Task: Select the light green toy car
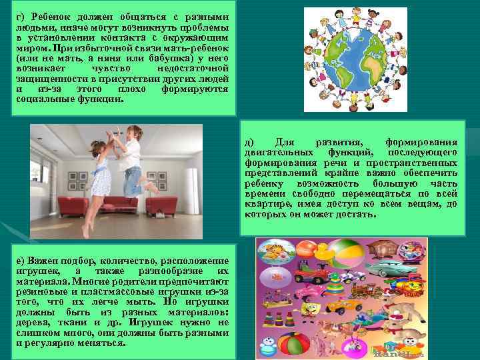(x=391, y=269)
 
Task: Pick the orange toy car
(x=344, y=305)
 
